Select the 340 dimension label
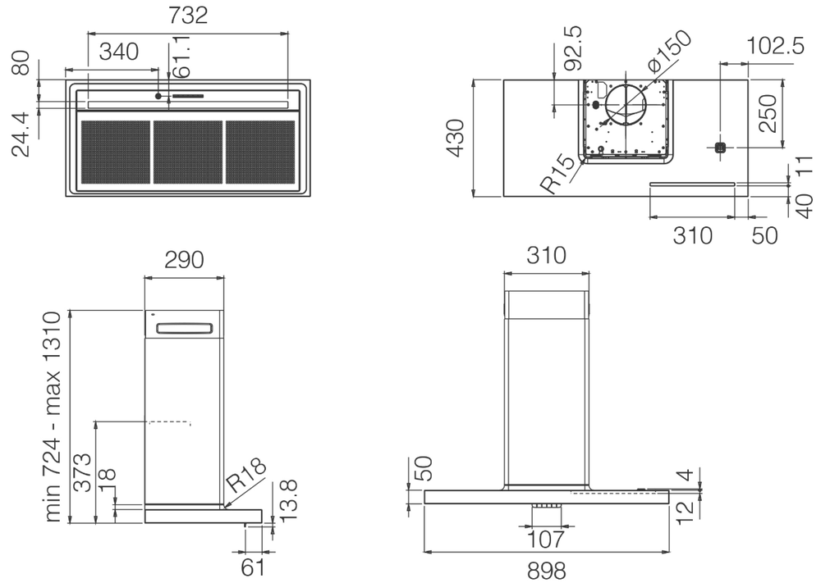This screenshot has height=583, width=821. pos(118,53)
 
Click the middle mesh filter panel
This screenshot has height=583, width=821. pos(188,152)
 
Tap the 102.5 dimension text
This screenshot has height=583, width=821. pos(776,47)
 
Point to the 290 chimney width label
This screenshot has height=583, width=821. pos(183,260)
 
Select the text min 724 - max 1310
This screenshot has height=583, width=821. pos(53,417)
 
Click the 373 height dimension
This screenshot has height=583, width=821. pos(82,473)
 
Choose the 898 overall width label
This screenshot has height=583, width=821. pos(546,569)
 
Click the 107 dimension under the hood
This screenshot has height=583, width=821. pos(546,539)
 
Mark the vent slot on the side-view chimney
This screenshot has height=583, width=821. pos(185,329)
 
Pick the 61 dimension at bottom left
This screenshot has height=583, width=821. pos(255,566)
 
